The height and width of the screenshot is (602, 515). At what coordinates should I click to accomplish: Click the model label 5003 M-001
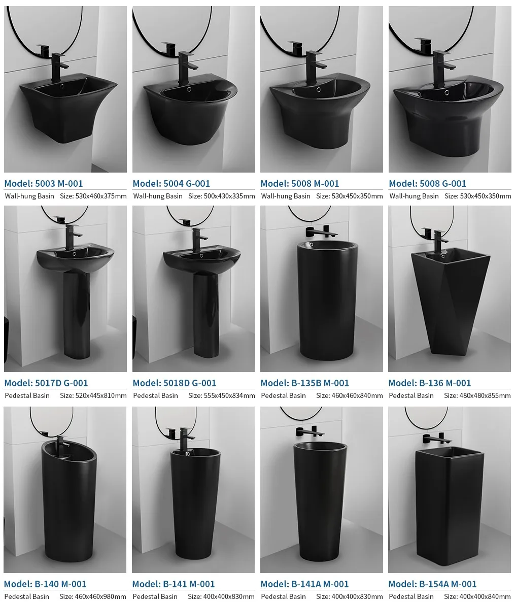[x=43, y=183]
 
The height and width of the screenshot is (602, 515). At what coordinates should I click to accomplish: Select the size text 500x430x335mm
[x=221, y=196]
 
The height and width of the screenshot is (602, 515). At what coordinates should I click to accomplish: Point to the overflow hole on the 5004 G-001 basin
[x=189, y=89]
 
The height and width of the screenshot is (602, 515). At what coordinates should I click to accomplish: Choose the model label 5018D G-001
[x=174, y=383]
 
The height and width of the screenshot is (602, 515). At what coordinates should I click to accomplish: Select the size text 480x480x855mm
[x=477, y=395]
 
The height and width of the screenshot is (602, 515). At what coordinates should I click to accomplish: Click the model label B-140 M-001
[x=45, y=584]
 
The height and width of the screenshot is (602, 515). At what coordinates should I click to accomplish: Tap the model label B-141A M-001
[x=304, y=584]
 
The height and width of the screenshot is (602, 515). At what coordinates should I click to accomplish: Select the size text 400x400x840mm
[x=477, y=596]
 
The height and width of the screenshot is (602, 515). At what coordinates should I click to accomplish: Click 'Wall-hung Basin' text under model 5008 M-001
[x=285, y=196]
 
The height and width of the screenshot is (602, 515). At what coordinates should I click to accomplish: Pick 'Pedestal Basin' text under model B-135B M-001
[x=283, y=395]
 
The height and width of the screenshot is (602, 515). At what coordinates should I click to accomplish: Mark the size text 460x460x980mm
[x=93, y=596]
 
